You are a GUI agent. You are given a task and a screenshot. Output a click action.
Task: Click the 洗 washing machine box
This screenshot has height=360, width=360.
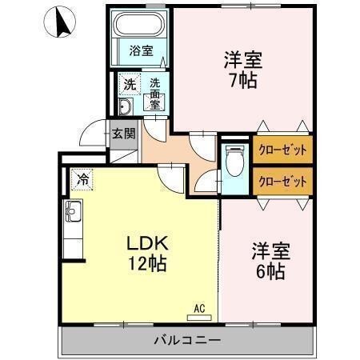129,83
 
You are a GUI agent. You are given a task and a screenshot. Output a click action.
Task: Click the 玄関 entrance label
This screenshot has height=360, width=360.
123,133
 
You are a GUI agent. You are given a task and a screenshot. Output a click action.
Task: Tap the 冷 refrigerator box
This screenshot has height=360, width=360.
82,180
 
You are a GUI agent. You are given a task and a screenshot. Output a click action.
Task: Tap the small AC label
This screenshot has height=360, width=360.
200,306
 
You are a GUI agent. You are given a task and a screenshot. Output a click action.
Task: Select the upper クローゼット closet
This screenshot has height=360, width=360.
282,149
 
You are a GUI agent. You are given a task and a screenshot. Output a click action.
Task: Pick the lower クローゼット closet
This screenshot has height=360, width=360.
282,181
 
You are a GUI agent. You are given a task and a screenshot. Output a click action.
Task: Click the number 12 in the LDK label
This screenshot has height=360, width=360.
133,265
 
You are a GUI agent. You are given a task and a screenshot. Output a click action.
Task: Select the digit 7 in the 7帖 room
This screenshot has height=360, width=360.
231,81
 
